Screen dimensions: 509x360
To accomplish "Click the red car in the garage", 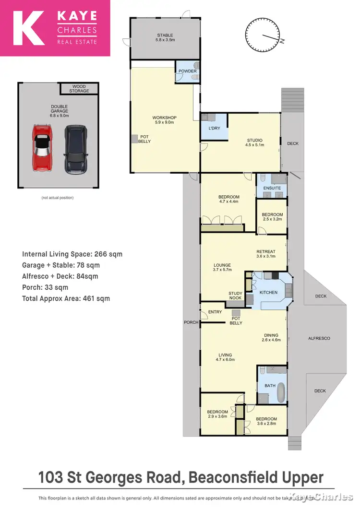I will pyautogui.click(x=42, y=148).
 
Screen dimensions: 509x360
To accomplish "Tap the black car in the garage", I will pyautogui.click(x=74, y=149).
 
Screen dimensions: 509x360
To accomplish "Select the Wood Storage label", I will pyautogui.click(x=79, y=89).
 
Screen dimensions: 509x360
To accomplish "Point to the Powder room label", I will pyautogui.click(x=188, y=71).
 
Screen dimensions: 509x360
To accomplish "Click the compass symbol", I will pyautogui.click(x=262, y=33).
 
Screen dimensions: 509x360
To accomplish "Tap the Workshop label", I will pyautogui.click(x=165, y=120).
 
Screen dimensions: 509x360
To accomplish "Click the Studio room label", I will pyautogui.click(x=254, y=142).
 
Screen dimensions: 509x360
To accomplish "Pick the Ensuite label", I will pyautogui.click(x=272, y=188).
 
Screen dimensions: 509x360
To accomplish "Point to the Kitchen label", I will pyautogui.click(x=268, y=292).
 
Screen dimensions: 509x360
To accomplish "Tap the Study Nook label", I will pyautogui.click(x=235, y=296).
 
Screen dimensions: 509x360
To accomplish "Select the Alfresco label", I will pyautogui.click(x=319, y=338).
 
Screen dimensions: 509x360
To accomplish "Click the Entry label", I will pyautogui.click(x=215, y=312).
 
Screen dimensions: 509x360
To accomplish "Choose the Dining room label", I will pyautogui.click(x=271, y=337).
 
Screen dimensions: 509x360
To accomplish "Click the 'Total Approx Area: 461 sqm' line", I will pyautogui.click(x=66, y=298).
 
